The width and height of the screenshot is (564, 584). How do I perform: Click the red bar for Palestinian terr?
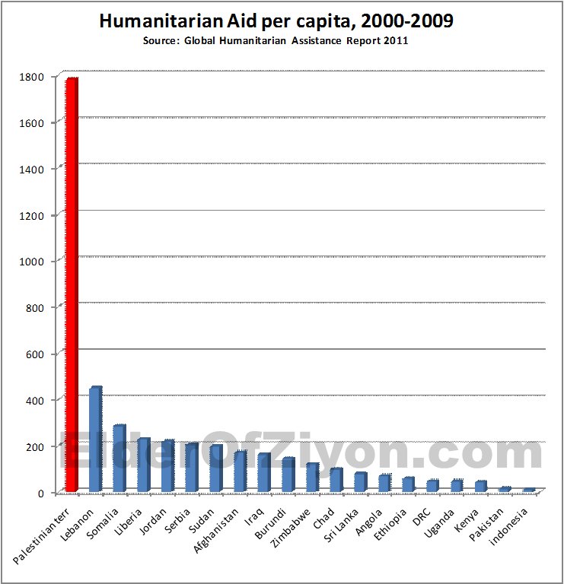pos(71,285)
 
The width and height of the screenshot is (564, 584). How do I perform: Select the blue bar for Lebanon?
pos(95,440)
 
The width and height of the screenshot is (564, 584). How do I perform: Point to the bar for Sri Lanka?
pos(360,482)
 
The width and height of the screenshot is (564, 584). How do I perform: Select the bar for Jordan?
pos(167,465)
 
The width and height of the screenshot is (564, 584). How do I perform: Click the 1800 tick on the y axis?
pos(37,76)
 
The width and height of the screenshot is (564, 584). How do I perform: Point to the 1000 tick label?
pos(37,261)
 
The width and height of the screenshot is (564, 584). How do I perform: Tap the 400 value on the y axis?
pos(40,400)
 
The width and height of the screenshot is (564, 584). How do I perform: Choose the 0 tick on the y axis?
pos(46,493)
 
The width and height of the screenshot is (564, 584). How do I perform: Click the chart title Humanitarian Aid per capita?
pos(276,21)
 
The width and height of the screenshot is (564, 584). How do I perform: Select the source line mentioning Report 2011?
pos(276,40)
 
